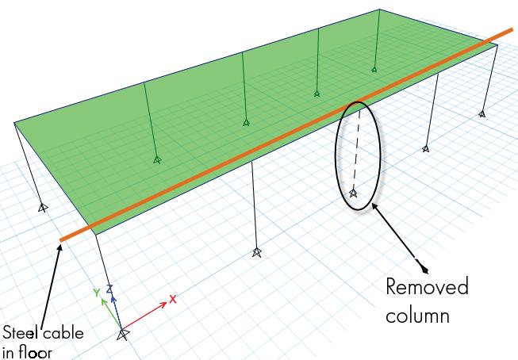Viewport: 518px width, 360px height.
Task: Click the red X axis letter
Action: click(172, 300)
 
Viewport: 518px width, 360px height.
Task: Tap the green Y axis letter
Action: click(96, 292)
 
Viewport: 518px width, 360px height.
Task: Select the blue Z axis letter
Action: click(111, 289)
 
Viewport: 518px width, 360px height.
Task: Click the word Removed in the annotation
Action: click(427, 287)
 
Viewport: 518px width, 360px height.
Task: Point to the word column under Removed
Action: click(418, 315)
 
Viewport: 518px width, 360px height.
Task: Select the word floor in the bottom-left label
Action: click(35, 352)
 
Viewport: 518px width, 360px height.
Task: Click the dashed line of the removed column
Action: click(356, 151)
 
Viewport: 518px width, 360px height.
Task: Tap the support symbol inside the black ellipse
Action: click(354, 192)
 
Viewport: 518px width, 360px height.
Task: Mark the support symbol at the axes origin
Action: click(122, 335)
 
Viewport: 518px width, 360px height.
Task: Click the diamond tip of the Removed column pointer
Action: click(424, 267)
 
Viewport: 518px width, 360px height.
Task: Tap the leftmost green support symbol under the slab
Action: click(157, 159)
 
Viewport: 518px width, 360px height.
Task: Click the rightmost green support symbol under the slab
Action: click(374, 70)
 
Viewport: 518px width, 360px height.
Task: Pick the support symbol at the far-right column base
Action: click(482, 114)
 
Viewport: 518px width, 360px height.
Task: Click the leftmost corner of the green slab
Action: click(14, 122)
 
